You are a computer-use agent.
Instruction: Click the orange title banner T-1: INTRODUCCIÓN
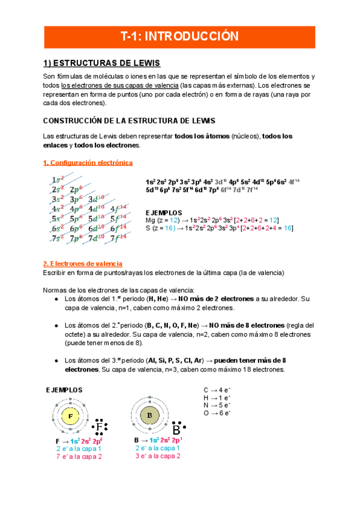180,37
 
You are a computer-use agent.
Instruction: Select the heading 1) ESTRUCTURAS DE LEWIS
102,63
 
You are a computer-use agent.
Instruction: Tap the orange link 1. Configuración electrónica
88,163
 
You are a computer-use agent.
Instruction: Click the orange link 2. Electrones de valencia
83,264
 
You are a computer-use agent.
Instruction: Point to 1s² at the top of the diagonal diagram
58,179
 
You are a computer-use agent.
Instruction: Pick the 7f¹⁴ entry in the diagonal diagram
119,238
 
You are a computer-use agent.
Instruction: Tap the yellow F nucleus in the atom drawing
70,416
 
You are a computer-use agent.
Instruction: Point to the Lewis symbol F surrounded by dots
100,427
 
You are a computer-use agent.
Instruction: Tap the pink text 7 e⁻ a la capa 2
79,456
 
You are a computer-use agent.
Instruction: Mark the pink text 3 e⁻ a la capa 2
158,456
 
